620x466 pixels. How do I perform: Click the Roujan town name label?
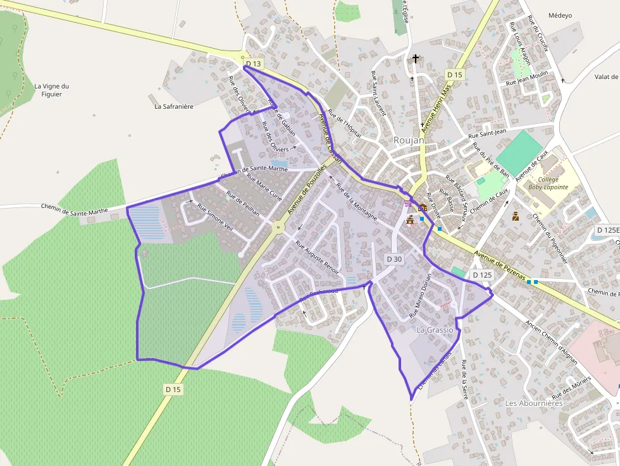pyautogui.click(x=409, y=140)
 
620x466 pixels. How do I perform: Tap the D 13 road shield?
pyautogui.click(x=254, y=64)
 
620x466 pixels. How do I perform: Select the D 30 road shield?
pyautogui.click(x=394, y=259)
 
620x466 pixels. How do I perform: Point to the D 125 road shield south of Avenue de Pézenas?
pyautogui.click(x=482, y=275)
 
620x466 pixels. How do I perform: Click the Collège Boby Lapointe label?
pyautogui.click(x=548, y=183)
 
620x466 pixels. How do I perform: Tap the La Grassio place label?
pyautogui.click(x=435, y=330)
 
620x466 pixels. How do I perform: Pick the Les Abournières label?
pyautogui.click(x=533, y=403)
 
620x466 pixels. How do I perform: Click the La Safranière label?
pyautogui.click(x=174, y=106)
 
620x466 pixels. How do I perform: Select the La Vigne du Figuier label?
pyautogui.click(x=52, y=90)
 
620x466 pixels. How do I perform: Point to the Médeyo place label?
pyautogui.click(x=560, y=15)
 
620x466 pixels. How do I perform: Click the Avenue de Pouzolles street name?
pyautogui.click(x=306, y=189)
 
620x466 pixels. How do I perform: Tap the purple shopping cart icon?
pyautogui.click(x=407, y=203)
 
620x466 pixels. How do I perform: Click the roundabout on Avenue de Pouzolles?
pyautogui.click(x=277, y=226)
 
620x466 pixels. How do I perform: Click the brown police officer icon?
pyautogui.click(x=515, y=216)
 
